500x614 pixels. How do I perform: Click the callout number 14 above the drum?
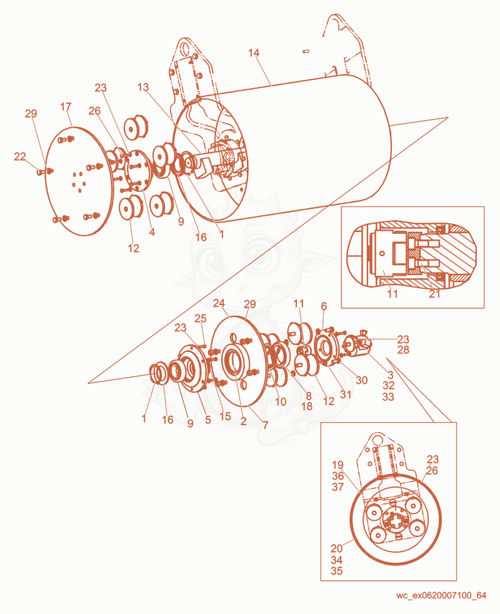coord(254,53)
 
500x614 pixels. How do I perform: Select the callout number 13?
coord(143,87)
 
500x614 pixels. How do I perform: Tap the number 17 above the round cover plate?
coord(66,106)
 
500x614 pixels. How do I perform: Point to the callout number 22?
coord(20,156)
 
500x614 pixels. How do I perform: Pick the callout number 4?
coord(152,232)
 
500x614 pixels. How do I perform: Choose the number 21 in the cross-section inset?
coord(434,294)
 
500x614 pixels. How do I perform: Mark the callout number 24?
coord(219,303)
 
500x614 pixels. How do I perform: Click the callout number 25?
coord(201,318)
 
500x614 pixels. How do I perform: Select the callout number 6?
coord(324,306)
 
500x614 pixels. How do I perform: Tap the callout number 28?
coord(403,350)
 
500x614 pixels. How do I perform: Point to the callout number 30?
coord(361,380)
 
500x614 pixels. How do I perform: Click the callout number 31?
coord(346,394)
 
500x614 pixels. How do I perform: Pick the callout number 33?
coord(388,396)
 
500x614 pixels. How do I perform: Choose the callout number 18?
coord(307,406)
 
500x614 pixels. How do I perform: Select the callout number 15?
coord(225,416)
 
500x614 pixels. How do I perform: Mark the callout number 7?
coord(266,425)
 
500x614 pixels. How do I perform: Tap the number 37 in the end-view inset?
coord(337,486)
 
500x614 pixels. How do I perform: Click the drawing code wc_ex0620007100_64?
coord(441,596)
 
